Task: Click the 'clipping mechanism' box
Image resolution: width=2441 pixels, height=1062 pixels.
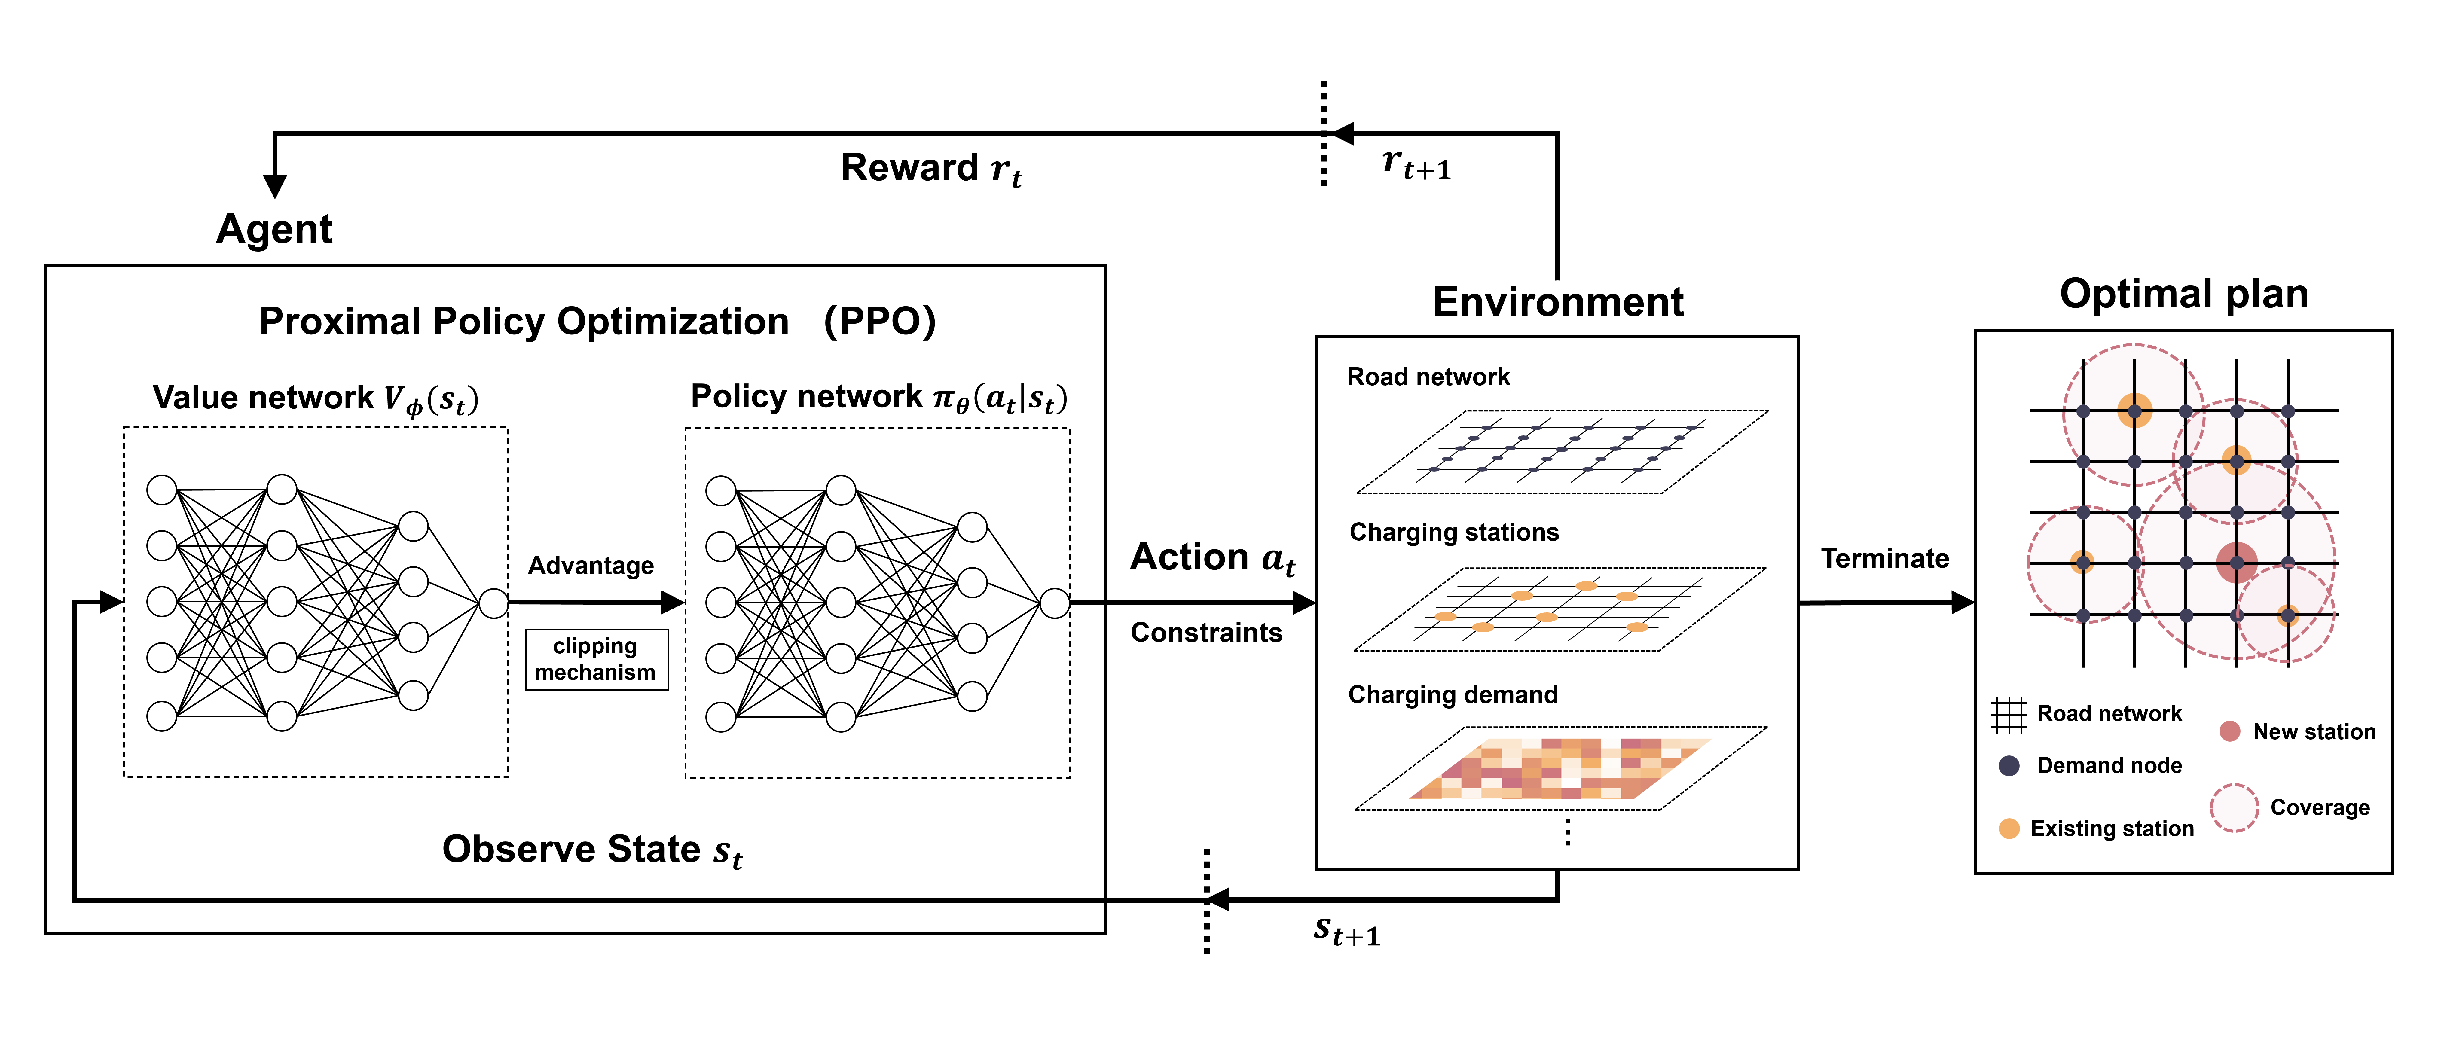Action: pos(596,659)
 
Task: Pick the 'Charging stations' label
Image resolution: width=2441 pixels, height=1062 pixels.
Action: pos(1454,533)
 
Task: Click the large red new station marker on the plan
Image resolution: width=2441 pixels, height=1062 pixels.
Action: pos(2236,563)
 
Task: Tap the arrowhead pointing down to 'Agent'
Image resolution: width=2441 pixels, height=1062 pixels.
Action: pos(275,187)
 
